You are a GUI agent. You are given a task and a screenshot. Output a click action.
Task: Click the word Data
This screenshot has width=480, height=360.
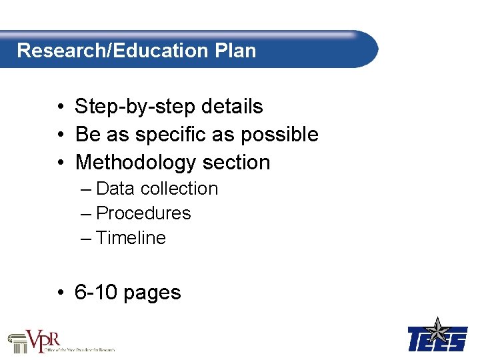coord(115,189)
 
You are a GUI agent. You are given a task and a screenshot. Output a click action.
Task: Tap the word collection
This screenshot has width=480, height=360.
coord(179,189)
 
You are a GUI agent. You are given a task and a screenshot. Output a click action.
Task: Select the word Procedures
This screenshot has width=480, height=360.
coord(143,213)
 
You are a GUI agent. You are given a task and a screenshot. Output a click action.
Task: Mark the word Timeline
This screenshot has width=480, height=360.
coord(131,238)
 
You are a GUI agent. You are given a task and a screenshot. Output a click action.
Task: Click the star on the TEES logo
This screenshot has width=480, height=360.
coord(437,331)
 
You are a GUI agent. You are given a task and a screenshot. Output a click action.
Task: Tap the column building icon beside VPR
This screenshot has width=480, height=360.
coord(17,343)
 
